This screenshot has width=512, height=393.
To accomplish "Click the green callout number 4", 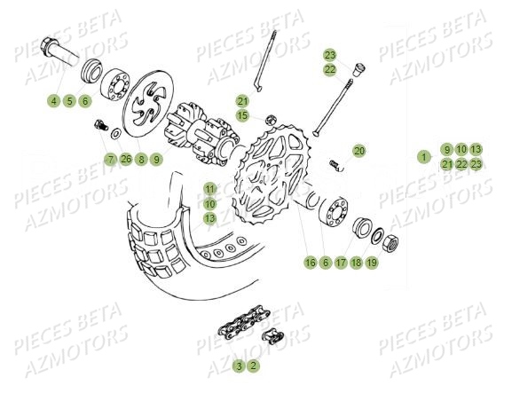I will click(53, 101).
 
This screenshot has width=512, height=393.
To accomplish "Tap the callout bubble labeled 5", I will click(69, 101).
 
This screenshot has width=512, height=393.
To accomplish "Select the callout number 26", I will click(126, 160).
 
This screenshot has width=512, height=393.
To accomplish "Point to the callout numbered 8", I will click(141, 160).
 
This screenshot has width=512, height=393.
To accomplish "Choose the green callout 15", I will click(243, 115).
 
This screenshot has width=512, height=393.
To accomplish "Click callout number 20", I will click(358, 151).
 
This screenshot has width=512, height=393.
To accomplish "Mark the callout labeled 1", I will click(424, 157).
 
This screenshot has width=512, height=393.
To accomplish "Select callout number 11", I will click(209, 189).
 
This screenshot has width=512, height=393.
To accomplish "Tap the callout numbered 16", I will click(310, 263).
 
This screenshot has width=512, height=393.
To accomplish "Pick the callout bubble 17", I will click(341, 263).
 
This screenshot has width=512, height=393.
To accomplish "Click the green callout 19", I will click(372, 263).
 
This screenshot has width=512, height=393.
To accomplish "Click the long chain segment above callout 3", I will click(234, 333).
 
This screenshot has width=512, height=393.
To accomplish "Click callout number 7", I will click(110, 160).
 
